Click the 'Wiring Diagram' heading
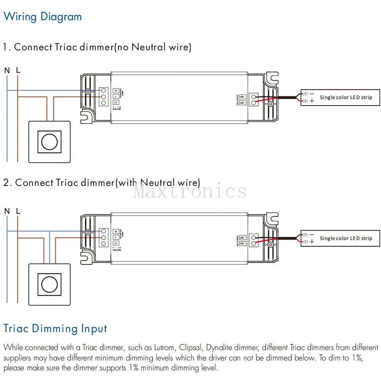coord(42,17)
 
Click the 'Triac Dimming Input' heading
coord(55,328)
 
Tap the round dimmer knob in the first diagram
coord(50,142)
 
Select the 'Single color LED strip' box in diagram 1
coord(340,98)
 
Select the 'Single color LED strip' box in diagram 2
coord(340,239)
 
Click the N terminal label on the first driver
coord(116,90)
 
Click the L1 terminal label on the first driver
coord(116,103)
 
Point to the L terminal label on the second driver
coord(116,237)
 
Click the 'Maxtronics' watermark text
coord(190,190)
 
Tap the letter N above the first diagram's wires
coord(7,70)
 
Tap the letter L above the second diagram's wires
coord(18,211)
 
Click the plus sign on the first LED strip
coord(312,101)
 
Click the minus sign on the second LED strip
coord(312,235)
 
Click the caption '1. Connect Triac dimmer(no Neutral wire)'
coord(97,47)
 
